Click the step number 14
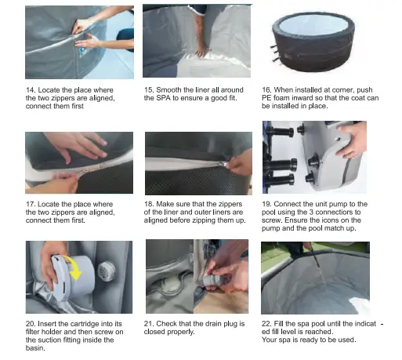31,90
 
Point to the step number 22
266,324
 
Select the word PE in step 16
266,98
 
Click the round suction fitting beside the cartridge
107,271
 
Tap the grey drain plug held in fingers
213,282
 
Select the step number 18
149,204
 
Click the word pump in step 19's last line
271,228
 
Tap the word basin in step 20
34,348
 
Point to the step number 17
31,204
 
